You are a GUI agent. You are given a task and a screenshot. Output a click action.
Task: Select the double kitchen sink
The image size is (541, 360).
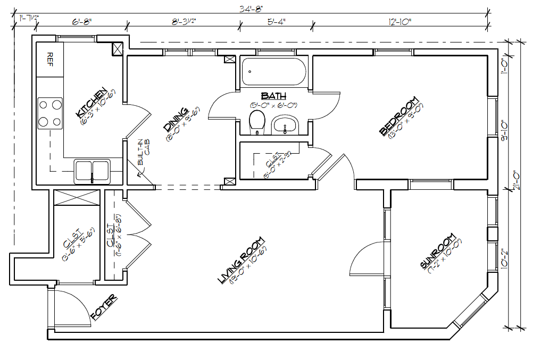92,170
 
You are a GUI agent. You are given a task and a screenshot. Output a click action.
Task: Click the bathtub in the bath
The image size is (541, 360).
273,72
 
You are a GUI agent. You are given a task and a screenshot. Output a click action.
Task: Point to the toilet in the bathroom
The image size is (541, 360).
257,122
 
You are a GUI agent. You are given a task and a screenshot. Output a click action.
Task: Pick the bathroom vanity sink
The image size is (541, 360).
286,127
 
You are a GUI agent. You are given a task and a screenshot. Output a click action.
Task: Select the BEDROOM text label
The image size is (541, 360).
399,116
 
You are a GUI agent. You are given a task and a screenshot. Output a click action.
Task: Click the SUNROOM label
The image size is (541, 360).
437,251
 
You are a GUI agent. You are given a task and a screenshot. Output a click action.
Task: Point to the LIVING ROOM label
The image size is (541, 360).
242,261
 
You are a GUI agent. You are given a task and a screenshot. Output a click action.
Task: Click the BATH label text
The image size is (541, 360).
273,96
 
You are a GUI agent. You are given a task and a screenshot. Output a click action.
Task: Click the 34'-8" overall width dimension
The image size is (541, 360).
251,8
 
